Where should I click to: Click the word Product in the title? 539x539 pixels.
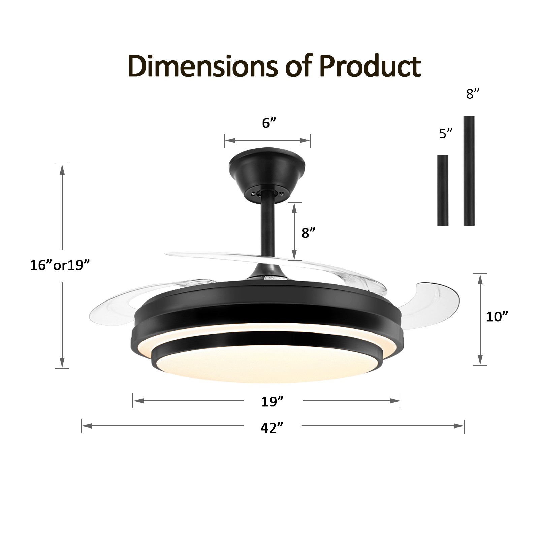tap(370, 66)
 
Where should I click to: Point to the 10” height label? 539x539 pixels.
tap(496, 317)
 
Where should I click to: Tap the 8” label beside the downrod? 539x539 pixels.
tap(308, 233)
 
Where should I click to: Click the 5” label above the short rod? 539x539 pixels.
tap(445, 134)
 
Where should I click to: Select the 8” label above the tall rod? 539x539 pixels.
tap(472, 94)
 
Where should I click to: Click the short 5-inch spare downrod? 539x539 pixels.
tap(443, 190)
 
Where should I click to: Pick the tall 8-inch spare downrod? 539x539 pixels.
tap(469, 170)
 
